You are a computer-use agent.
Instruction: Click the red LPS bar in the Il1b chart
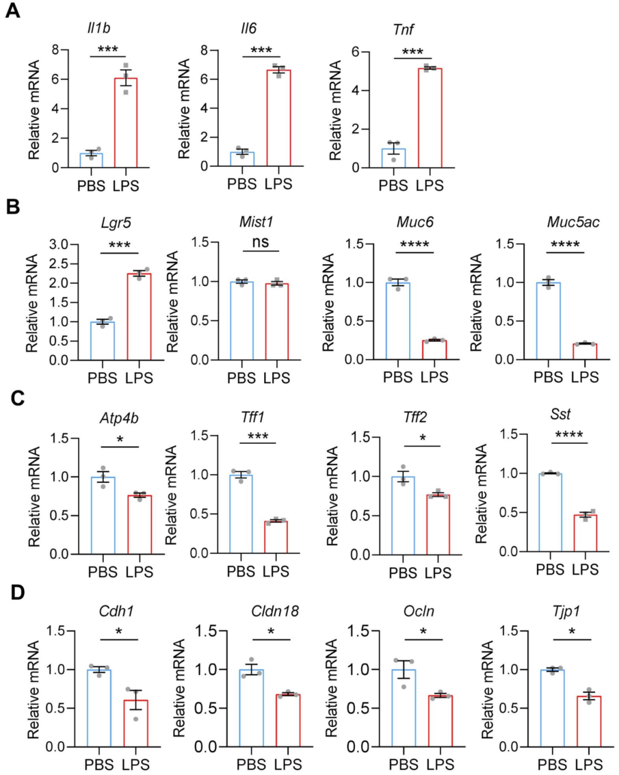[x=126, y=123]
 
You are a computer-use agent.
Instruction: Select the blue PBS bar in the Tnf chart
[x=394, y=158]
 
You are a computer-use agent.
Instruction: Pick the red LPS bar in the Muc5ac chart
[x=585, y=351]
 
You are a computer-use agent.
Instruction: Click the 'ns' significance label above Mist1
[x=260, y=242]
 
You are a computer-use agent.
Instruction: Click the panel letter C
[x=17, y=398]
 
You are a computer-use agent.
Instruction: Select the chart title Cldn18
[x=275, y=611]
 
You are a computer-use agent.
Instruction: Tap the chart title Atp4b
[x=119, y=418]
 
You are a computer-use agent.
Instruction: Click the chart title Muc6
[x=415, y=222]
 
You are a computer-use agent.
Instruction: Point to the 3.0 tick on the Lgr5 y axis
[x=58, y=245]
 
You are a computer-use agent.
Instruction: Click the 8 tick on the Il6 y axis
[x=204, y=50]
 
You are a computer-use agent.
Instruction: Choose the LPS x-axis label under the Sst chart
[x=585, y=569]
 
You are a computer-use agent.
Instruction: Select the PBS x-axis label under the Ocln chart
[x=403, y=765]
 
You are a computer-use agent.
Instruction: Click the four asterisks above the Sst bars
[x=569, y=435]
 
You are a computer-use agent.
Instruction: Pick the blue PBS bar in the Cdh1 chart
[x=99, y=708]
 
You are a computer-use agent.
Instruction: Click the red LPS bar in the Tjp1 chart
[x=589, y=721]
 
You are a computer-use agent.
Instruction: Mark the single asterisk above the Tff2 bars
[x=422, y=438]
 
